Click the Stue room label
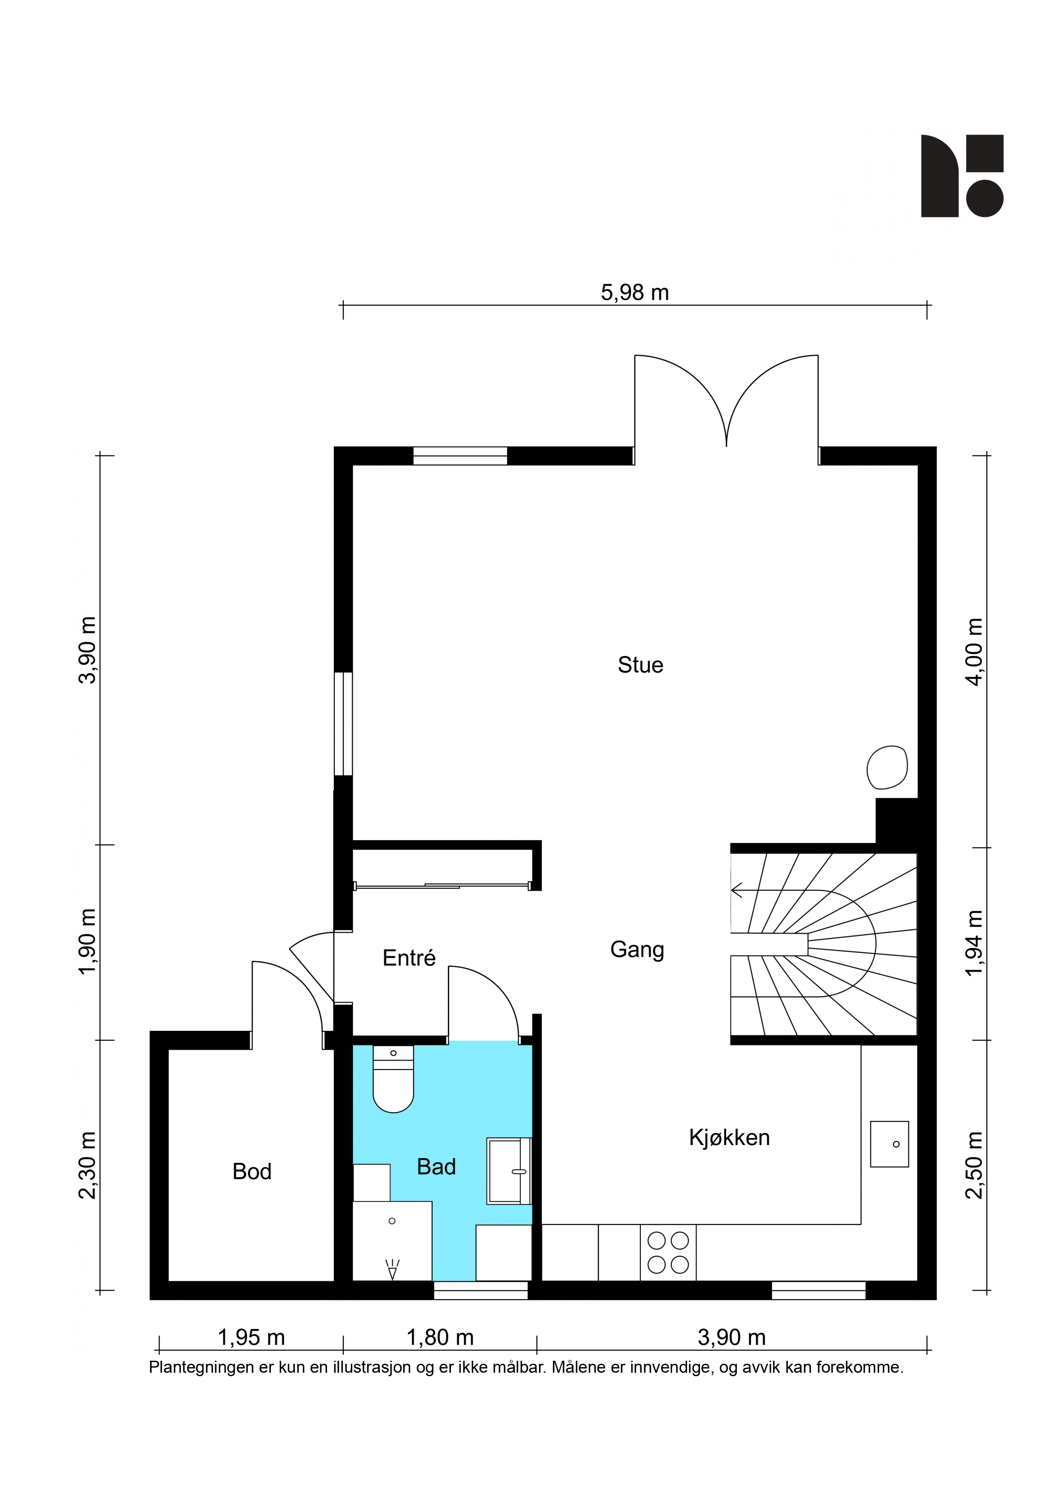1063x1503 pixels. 640,665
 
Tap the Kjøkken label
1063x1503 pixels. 729,1138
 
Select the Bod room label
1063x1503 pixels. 252,1172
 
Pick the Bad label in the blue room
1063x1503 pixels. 436,1167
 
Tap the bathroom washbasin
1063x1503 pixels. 509,1171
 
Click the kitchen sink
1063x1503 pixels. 889,1144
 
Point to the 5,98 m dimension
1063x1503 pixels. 635,293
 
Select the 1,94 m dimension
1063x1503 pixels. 975,943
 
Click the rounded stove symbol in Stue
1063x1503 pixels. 887,767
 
